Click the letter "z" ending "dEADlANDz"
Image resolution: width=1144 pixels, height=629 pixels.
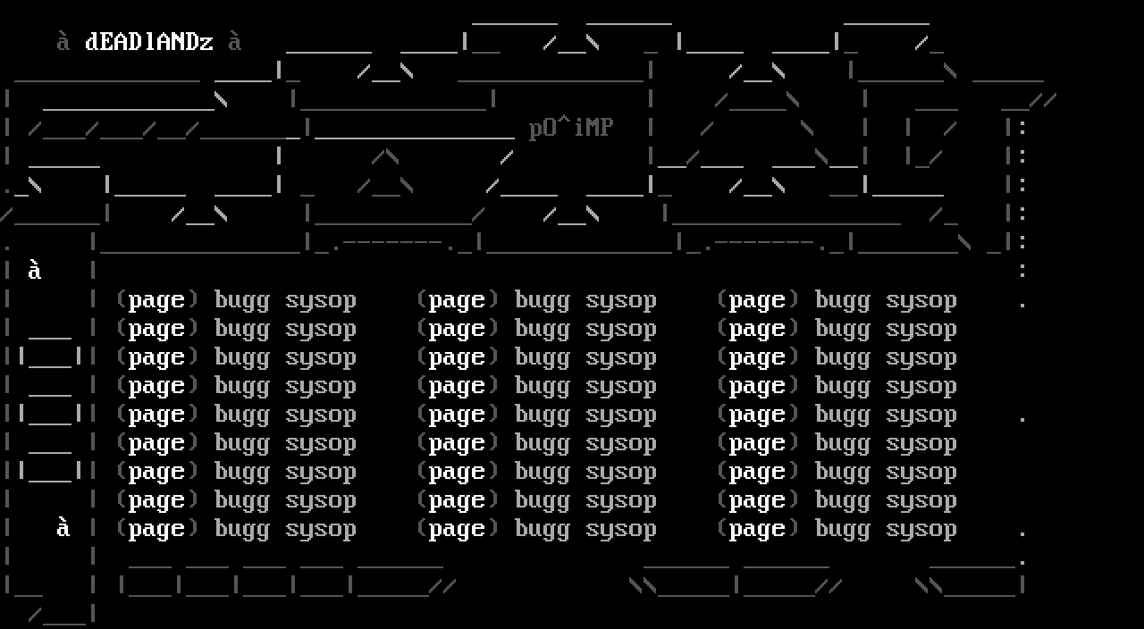pos(206,43)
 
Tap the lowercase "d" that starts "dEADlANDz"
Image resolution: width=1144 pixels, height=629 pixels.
pos(91,41)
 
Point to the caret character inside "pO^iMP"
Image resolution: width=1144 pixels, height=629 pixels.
pos(563,121)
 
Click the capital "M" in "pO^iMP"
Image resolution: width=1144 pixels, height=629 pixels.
pos(592,128)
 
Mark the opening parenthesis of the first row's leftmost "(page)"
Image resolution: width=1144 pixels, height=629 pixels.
pos(122,299)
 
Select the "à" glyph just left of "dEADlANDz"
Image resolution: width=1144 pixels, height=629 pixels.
pos(63,41)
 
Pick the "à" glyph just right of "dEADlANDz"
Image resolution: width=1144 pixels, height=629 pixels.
pos(234,41)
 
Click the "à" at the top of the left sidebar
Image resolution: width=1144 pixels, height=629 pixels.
pos(34,270)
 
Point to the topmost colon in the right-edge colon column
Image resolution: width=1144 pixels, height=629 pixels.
pos(1022,128)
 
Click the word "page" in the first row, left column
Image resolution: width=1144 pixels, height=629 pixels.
pos(156,301)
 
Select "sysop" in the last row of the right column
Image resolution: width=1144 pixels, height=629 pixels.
pos(921,530)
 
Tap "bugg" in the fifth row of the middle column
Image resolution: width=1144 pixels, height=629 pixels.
pos(543,415)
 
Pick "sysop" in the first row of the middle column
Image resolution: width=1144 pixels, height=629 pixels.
pos(621,301)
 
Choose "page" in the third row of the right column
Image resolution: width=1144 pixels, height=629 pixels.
pos(757,358)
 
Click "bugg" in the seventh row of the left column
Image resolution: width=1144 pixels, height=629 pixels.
pos(242,472)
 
